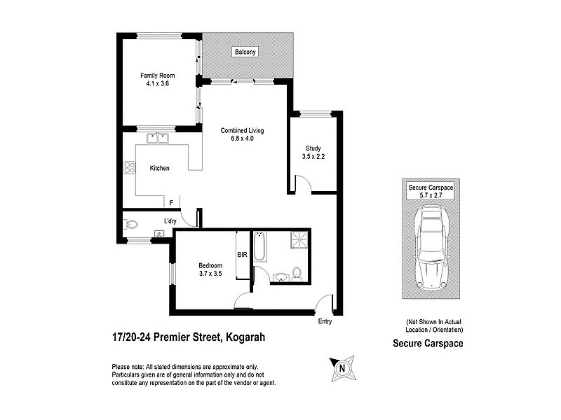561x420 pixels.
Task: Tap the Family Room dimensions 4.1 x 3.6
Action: click(x=157, y=83)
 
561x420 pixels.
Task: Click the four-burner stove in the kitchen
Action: click(x=129, y=167)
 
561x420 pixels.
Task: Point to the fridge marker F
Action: click(x=170, y=203)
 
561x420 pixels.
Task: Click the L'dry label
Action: click(x=170, y=222)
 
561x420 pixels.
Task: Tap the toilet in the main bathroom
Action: click(x=297, y=272)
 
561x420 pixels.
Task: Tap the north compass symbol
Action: click(x=342, y=367)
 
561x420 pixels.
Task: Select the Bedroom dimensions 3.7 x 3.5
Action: click(x=210, y=274)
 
